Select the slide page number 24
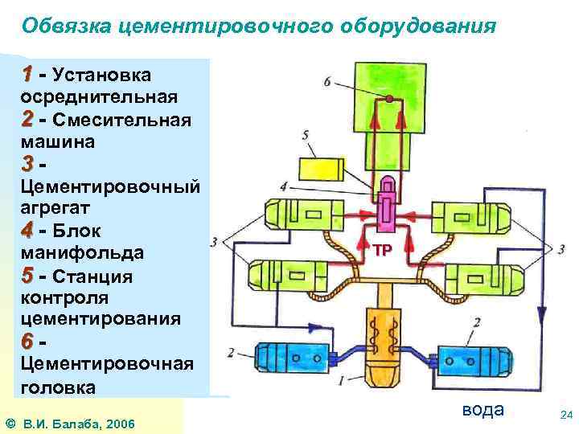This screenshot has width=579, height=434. [565, 415]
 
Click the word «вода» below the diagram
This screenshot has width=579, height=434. [482, 410]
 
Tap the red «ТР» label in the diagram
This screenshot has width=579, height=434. [382, 250]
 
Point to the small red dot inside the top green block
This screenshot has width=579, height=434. [389, 99]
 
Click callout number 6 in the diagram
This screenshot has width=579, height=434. [327, 82]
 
